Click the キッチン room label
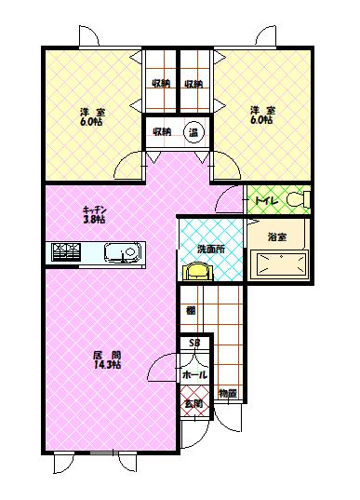[x=93, y=209]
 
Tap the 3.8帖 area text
[x=93, y=222]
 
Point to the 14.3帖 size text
[x=107, y=366]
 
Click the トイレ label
[x=261, y=199]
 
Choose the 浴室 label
[x=277, y=236]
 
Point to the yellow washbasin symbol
[x=199, y=270]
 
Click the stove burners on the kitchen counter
[x=67, y=252]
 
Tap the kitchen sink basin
[x=122, y=252]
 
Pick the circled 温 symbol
[x=193, y=131]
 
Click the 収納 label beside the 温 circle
[x=161, y=131]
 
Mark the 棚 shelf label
[x=190, y=310]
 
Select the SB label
[x=194, y=344]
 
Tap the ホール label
[x=194, y=373]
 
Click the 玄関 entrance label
[x=193, y=404]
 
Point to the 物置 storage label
[x=227, y=394]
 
